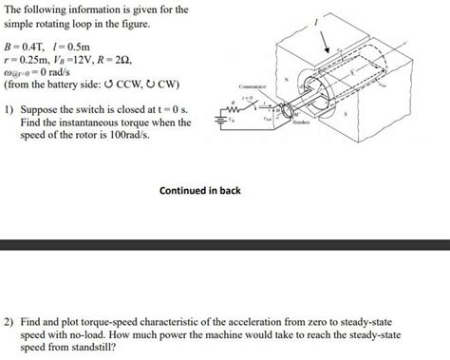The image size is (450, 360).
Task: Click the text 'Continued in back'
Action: (200, 191)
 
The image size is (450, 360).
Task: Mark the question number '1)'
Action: (9, 108)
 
